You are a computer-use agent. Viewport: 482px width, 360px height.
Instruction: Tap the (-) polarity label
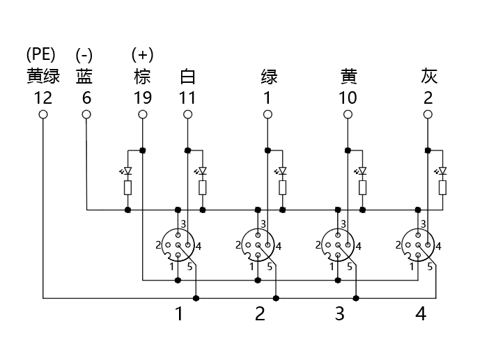[84, 54]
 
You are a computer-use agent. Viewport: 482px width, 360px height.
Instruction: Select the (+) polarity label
[142, 54]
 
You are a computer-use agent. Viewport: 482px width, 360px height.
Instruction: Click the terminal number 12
[42, 97]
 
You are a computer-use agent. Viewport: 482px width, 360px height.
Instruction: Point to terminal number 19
[142, 97]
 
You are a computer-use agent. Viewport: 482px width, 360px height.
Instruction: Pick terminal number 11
[187, 97]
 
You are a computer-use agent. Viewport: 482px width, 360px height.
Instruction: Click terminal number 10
[348, 97]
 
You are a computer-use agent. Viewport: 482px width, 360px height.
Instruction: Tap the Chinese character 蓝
[84, 75]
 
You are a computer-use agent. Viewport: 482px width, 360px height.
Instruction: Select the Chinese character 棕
[142, 75]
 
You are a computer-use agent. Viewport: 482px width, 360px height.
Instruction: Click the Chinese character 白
[187, 75]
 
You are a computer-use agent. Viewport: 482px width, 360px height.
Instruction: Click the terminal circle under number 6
[86, 114]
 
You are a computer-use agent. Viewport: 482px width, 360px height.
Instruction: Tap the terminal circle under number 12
[43, 114]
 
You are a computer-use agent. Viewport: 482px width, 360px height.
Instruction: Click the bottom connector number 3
[339, 314]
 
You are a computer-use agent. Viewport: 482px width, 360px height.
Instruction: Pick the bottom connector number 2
[260, 314]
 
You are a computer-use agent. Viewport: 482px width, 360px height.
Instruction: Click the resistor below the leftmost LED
[127, 187]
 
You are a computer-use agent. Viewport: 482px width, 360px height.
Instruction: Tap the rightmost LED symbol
[442, 171]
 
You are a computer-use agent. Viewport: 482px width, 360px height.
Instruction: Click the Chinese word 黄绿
[42, 75]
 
